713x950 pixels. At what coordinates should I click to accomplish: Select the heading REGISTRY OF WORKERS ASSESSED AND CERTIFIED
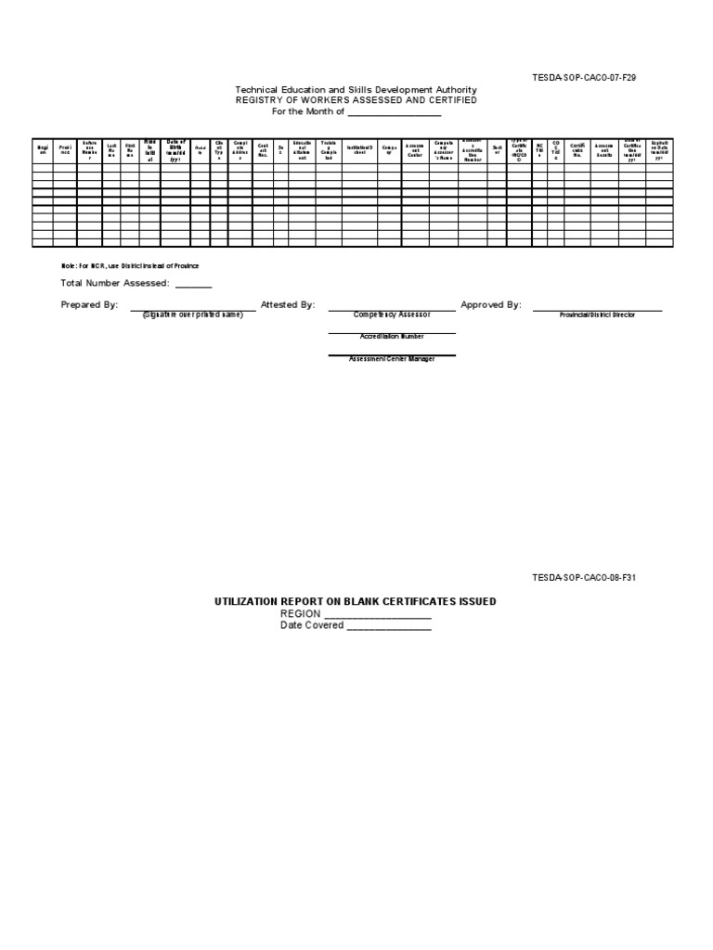[x=356, y=100]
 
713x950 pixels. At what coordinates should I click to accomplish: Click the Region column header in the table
[x=42, y=149]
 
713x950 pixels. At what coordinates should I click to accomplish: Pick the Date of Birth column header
[x=175, y=149]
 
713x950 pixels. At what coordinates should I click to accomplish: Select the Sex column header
[x=280, y=149]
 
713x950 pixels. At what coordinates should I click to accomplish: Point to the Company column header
[x=388, y=149]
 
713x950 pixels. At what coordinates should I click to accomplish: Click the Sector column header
[x=498, y=149]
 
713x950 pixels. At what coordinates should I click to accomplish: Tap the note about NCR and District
[x=130, y=266]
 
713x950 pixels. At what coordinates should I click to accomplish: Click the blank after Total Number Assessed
[x=193, y=284]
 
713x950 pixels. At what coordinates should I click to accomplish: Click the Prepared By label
[x=89, y=304]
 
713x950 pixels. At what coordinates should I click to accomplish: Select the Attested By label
[x=288, y=304]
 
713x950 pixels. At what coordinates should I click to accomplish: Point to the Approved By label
[x=491, y=304]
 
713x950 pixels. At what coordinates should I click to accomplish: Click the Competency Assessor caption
[x=392, y=315]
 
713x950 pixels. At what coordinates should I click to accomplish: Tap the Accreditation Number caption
[x=392, y=338]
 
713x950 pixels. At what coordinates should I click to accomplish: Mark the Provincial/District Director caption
[x=597, y=315]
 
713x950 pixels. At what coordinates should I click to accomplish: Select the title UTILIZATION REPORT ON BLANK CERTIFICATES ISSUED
[x=356, y=601]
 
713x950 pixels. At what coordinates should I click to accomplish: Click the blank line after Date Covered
[x=388, y=625]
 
